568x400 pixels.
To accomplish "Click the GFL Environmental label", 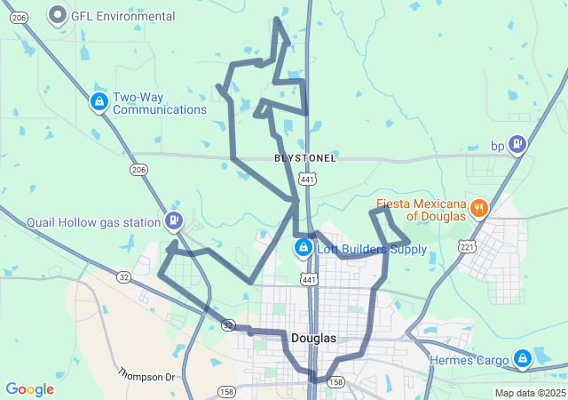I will pos(124,16).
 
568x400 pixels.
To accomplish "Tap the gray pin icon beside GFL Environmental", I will pos(59,15).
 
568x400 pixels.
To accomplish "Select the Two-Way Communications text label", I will pos(159,103).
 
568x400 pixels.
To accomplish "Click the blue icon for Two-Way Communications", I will pos(99,102).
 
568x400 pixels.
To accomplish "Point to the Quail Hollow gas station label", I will pos(94,221).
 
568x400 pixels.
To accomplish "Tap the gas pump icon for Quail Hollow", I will pos(174,220).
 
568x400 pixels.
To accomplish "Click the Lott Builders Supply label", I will pos(372,249).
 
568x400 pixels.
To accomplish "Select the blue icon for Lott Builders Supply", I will pos(303,246).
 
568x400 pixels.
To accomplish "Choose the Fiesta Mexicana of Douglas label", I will pos(422,210).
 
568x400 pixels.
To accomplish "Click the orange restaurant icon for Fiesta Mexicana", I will pos(479,208).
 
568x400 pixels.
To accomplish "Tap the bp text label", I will pos(498,146).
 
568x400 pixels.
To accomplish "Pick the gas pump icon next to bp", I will pos(517,144).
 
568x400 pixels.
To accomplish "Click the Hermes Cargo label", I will pos(469,360).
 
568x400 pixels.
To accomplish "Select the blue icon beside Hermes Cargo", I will pos(524,358).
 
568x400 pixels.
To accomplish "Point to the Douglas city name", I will pos(313,339).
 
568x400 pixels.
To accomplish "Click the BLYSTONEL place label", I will pos(305,158).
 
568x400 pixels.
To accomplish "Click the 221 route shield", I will pos(467,246).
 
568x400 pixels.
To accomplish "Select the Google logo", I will pos(29,389).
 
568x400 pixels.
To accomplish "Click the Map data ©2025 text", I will pos(529,393).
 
